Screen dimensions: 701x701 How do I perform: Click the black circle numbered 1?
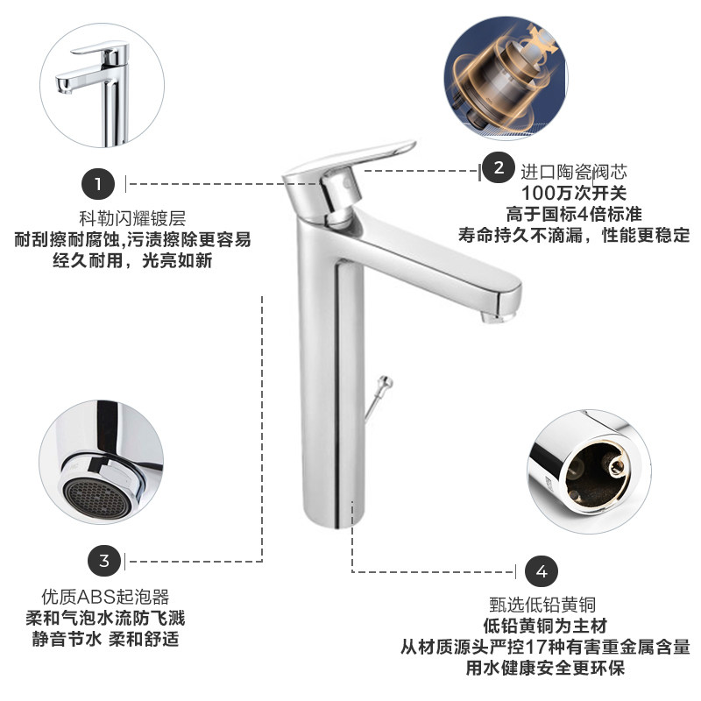pos(98,184)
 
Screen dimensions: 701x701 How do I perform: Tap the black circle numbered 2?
pos(499,167)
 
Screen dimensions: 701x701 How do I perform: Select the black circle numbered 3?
pos(104,561)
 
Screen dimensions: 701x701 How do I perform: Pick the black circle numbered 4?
pos(542,571)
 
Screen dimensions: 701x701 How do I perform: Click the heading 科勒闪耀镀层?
pos(132,218)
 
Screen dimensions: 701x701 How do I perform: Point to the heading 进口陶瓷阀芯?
pos(574,172)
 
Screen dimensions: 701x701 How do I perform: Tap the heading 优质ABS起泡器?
pos(105,597)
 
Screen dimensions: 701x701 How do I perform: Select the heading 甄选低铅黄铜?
pos(542,605)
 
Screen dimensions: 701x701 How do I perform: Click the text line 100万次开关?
pos(574,193)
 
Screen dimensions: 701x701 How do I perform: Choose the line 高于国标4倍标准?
pos(574,214)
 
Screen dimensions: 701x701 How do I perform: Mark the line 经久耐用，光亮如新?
pos(132,260)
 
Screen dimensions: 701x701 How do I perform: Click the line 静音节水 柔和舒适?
pos(105,639)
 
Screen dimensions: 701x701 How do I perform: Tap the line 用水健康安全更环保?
pos(545,668)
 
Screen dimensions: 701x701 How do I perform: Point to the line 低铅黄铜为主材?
pos(545,626)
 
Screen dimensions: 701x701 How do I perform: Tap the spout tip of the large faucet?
pos(497,317)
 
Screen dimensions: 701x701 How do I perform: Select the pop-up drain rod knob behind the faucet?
pos(385,383)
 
